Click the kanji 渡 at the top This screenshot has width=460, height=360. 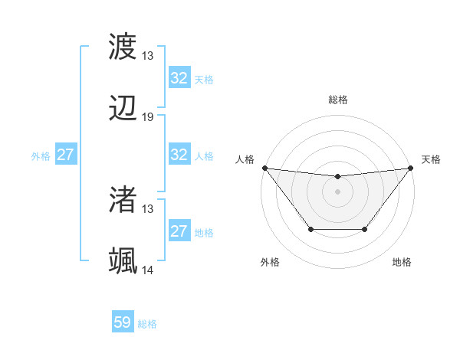123,47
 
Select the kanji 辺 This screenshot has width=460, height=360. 123,110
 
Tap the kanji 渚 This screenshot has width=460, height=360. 123,201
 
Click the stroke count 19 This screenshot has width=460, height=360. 148,117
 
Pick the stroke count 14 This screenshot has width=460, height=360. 148,270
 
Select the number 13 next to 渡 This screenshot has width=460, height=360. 148,55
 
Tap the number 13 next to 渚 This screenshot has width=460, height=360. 148,208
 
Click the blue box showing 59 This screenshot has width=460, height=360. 123,322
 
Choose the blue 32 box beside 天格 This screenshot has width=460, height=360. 179,78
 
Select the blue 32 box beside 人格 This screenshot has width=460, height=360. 179,155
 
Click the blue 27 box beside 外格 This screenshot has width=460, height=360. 66,155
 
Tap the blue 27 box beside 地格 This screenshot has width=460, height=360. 179,231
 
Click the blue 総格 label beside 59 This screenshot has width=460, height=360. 147,324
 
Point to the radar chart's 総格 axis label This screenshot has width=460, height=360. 338,100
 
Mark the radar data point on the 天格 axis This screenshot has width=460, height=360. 410,168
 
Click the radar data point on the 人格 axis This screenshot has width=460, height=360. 264,168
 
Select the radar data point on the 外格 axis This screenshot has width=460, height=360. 310,229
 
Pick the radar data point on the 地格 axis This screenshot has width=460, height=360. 365,229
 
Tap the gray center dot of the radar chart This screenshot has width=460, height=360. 337,191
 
